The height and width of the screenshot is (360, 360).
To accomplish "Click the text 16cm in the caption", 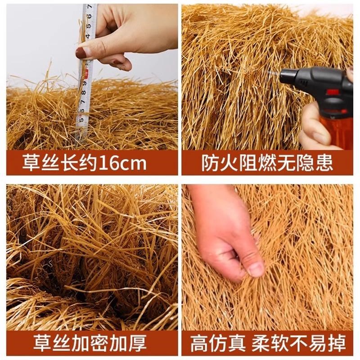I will [x=121, y=163].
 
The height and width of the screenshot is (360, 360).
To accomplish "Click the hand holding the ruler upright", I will [x=121, y=36].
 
